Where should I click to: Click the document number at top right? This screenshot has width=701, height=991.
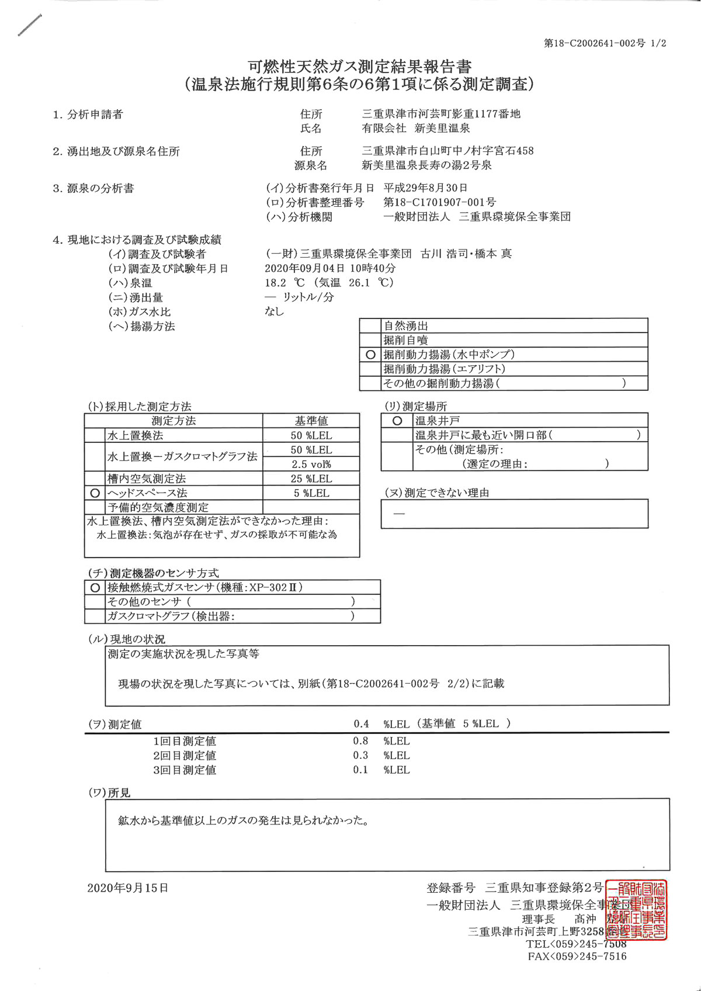pos(605,43)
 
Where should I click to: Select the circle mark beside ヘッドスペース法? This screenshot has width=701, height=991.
pos(95,493)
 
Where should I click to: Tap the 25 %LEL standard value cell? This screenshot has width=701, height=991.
pos(311,479)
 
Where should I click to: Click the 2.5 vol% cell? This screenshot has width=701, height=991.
pos(311,464)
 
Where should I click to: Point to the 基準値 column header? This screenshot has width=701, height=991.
pos(311,421)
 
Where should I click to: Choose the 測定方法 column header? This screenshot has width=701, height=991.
pos(173,421)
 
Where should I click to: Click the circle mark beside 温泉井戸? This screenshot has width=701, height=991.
pos(397,421)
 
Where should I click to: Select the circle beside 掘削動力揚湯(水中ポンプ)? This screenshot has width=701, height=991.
pos(370,355)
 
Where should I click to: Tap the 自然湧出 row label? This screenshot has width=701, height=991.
pos(406,326)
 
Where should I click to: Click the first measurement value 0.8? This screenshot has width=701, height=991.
pos(361,741)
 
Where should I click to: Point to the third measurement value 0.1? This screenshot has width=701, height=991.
pos(361,770)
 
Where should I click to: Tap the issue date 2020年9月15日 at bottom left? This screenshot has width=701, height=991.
pos(128,888)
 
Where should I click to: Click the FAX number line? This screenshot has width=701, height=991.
pos(577,957)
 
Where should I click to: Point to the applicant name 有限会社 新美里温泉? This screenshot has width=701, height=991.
pos(416,129)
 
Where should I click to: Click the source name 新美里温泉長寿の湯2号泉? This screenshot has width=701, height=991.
pos(426,165)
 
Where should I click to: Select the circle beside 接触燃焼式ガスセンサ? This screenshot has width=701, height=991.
pos(95,587)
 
